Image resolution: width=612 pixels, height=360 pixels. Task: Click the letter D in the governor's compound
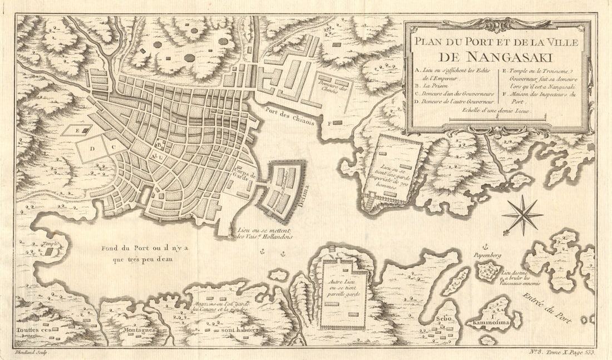93,149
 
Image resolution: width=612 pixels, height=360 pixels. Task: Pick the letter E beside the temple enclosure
77,131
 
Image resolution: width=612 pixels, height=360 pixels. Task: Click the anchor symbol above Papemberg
484,246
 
